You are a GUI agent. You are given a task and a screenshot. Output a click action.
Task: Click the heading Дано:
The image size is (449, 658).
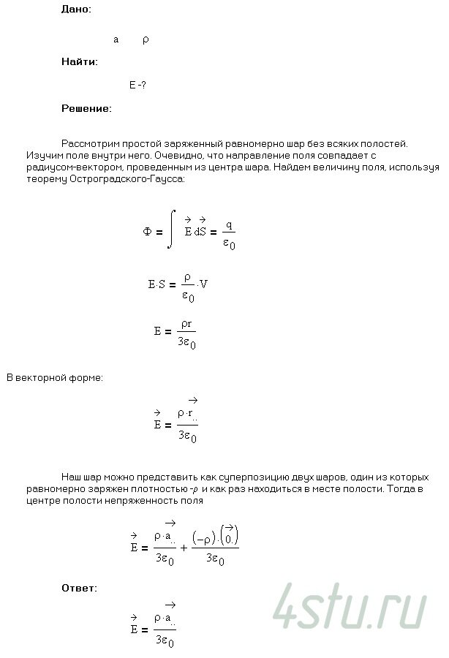point(77,10)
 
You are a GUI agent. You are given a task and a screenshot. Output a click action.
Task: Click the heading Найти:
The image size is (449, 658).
point(80,62)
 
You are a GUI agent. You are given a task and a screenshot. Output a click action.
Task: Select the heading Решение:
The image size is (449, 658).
point(86,108)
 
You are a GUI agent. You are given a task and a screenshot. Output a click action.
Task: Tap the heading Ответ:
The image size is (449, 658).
point(80,587)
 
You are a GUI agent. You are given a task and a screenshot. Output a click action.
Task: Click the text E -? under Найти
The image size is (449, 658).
point(137,86)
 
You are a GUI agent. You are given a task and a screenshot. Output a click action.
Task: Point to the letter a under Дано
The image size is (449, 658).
point(116,39)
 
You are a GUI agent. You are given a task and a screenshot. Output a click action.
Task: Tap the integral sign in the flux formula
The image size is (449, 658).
point(170,229)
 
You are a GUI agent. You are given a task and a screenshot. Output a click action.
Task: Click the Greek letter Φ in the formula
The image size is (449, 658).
point(148,232)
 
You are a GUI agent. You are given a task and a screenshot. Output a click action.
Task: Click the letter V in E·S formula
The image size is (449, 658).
point(204,284)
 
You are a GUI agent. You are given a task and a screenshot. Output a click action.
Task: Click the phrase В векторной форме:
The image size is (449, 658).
point(55,378)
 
